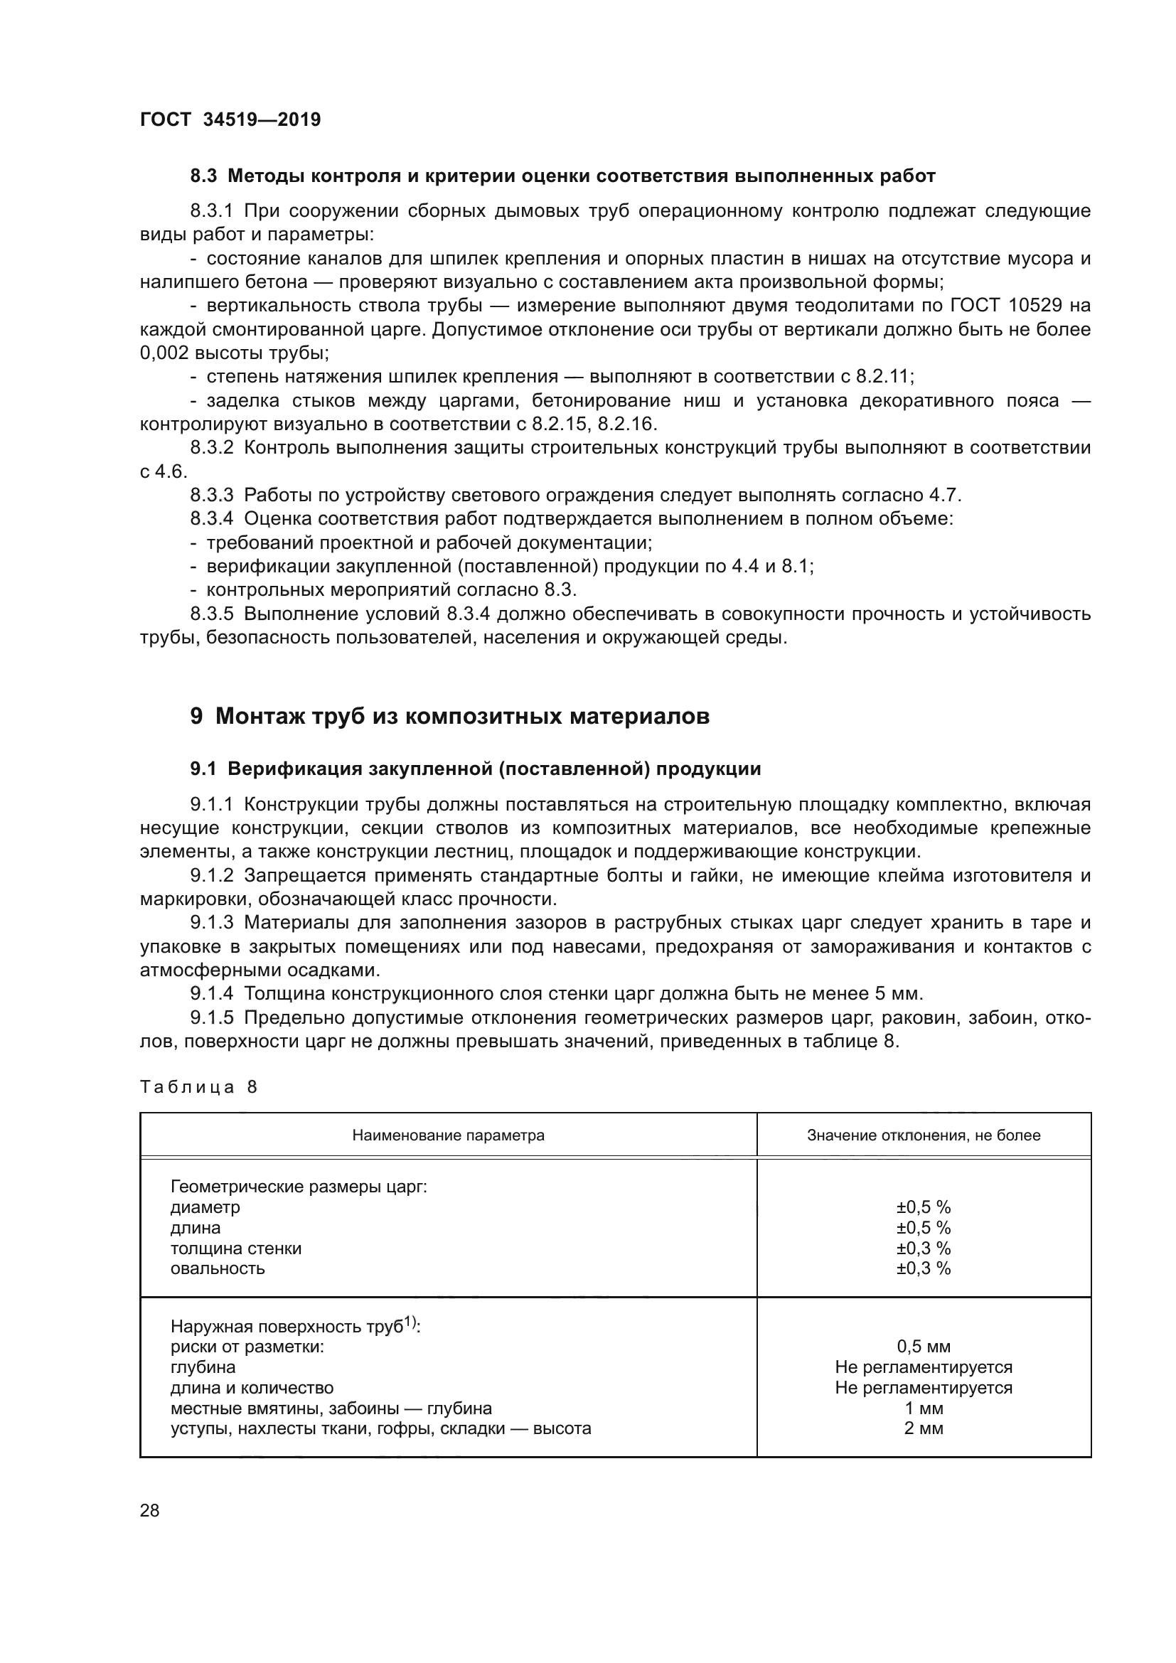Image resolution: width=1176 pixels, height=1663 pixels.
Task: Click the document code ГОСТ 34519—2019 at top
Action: click(x=230, y=119)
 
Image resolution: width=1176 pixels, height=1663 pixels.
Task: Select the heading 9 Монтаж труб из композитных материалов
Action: click(x=449, y=717)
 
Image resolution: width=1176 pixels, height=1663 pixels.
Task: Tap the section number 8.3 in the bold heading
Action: click(x=204, y=176)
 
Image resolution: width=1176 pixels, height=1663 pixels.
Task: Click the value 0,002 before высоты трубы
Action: click(x=165, y=353)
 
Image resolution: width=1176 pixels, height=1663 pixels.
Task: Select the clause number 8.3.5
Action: click(x=211, y=614)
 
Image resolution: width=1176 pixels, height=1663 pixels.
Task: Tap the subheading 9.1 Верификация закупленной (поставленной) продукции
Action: click(x=476, y=769)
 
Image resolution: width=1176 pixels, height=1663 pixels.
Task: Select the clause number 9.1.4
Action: click(x=211, y=994)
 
